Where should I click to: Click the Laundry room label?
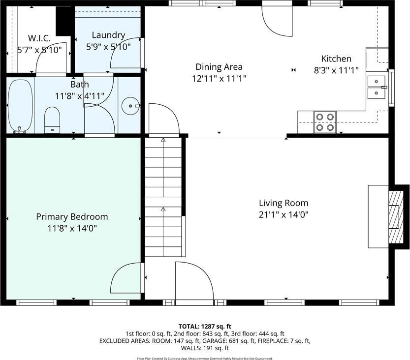[108, 35]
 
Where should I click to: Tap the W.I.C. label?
[39, 38]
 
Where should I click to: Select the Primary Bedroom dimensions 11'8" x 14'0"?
[72, 229]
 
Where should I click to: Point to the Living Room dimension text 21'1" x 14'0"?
[284, 215]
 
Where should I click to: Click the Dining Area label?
[219, 67]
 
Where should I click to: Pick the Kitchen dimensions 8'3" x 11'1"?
[336, 70]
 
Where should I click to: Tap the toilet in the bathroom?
[52, 120]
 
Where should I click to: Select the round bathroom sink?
[131, 106]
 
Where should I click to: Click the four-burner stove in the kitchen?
[325, 122]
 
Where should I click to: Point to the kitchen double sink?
[377, 87]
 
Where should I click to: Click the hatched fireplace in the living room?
[396, 217]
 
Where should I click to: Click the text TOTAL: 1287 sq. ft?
[205, 326]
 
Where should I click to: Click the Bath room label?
[80, 85]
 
